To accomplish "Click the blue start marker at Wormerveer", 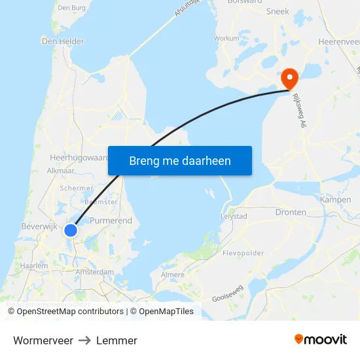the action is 71,230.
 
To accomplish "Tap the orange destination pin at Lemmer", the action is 289,79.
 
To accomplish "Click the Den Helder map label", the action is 63,41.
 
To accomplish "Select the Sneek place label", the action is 278,11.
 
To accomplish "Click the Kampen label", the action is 335,199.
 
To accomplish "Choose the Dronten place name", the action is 291,213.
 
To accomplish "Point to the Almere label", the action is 173,275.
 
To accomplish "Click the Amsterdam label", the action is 94,272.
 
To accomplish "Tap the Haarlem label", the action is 34,266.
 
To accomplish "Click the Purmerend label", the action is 111,221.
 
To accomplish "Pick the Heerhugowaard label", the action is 78,158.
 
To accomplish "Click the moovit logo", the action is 320,340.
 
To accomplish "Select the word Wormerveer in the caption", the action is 43,340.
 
